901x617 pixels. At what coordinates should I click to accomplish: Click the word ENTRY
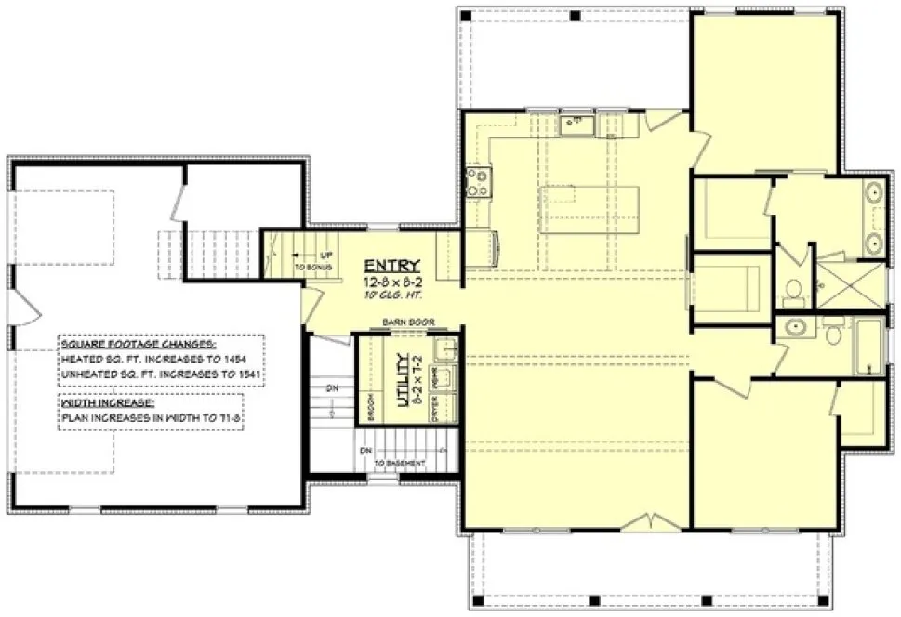coord(384,264)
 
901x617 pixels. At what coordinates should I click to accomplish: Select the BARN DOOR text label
coord(398,324)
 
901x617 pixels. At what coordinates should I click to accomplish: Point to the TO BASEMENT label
coord(401,463)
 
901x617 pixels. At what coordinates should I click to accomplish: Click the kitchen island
coord(590,210)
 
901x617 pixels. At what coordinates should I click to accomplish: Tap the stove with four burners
coord(478,180)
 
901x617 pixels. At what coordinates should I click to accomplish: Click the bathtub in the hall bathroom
coord(869,346)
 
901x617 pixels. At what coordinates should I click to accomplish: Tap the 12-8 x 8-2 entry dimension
coord(384,280)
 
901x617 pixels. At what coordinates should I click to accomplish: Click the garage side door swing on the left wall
coord(26,305)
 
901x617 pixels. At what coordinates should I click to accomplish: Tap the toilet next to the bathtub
coord(834,331)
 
